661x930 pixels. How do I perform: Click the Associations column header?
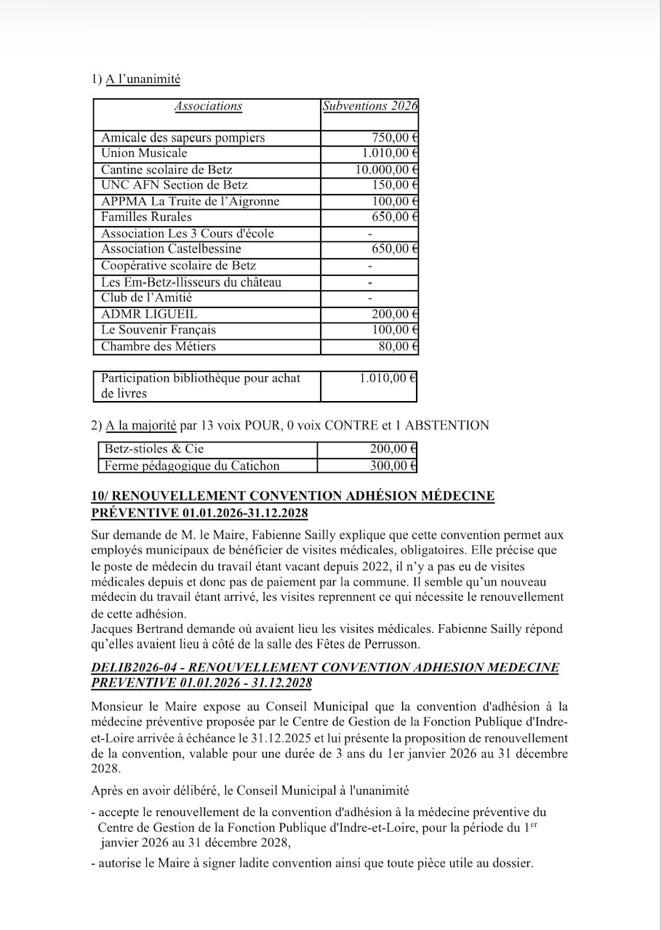pos(208,106)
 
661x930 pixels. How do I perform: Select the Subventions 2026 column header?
pos(370,106)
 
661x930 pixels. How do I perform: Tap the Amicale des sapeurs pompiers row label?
pos(183,137)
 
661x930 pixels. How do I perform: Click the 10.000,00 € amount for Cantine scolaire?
pos(387,169)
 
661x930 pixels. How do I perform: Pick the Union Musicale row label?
pos(144,153)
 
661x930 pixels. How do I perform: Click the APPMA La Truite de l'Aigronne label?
pos(190,201)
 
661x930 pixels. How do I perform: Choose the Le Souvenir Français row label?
pos(159,330)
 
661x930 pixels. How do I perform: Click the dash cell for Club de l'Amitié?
pos(370,298)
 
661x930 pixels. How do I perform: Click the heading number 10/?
pos(100,496)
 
